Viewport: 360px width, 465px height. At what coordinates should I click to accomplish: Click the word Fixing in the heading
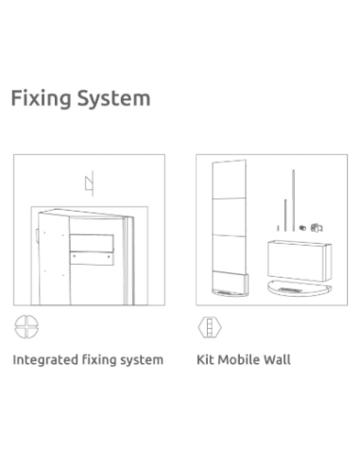coord(41,98)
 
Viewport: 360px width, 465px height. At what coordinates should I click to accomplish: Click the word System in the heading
coord(114,98)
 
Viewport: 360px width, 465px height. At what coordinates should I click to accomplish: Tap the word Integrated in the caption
coord(45,360)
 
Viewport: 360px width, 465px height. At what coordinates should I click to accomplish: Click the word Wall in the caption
coord(277,359)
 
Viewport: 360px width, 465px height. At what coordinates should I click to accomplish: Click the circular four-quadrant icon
coord(26,327)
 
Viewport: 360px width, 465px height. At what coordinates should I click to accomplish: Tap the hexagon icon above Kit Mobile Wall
coord(210,327)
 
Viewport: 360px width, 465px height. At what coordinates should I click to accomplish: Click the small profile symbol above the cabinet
coord(90,183)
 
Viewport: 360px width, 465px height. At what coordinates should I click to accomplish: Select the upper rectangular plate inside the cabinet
coord(92,243)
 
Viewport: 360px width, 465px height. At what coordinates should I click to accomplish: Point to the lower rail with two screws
coord(92,258)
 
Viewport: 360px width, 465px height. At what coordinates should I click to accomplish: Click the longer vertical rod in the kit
coord(293,200)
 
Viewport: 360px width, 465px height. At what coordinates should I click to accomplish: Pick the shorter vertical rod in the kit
coord(285,215)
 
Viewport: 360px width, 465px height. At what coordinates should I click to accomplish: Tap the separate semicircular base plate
coord(300,288)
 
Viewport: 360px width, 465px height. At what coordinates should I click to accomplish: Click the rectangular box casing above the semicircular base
coord(300,261)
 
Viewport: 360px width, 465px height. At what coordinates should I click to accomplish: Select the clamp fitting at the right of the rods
coord(317,228)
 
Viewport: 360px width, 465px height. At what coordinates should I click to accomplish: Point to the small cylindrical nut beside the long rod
coord(302,228)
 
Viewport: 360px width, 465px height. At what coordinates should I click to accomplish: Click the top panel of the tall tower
coord(229,180)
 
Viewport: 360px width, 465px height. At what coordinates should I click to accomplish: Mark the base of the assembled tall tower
coord(230,285)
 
